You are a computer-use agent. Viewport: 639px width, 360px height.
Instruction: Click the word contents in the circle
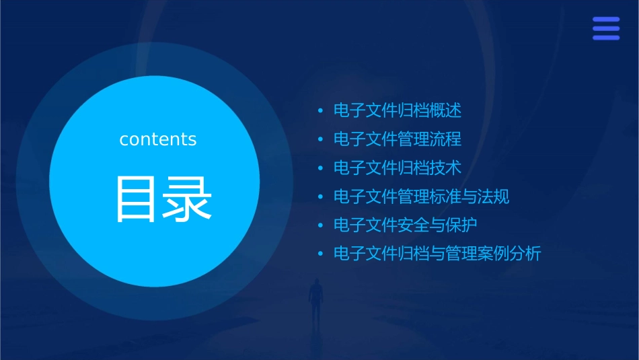click(158, 139)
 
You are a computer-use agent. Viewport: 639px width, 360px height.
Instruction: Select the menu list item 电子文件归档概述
click(398, 110)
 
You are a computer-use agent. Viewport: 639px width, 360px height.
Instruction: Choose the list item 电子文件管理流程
click(398, 139)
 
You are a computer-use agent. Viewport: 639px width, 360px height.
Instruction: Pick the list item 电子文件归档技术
click(398, 168)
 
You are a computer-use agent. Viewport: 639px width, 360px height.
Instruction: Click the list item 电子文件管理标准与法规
click(421, 196)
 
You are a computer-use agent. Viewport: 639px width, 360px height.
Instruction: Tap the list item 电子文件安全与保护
click(406, 225)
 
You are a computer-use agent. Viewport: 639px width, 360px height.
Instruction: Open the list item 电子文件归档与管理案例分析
click(437, 254)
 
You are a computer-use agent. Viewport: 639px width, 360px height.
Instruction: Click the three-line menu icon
click(606, 29)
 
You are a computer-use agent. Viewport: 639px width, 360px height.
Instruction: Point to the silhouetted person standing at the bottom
click(315, 300)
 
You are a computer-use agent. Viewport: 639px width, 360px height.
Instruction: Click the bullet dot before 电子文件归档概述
click(321, 110)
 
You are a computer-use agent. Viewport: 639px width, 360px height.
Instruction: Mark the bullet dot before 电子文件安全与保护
click(321, 225)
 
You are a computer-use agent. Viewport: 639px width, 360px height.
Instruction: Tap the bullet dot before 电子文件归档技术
click(321, 168)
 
